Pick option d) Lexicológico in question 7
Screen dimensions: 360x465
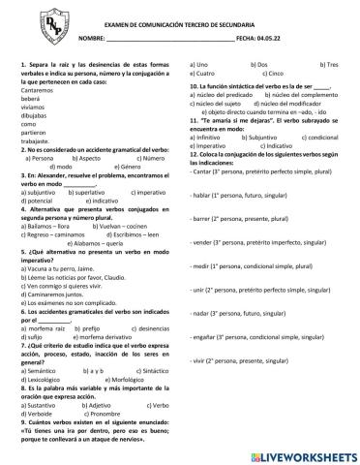coord(45,378)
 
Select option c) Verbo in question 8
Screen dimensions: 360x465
coord(151,404)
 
